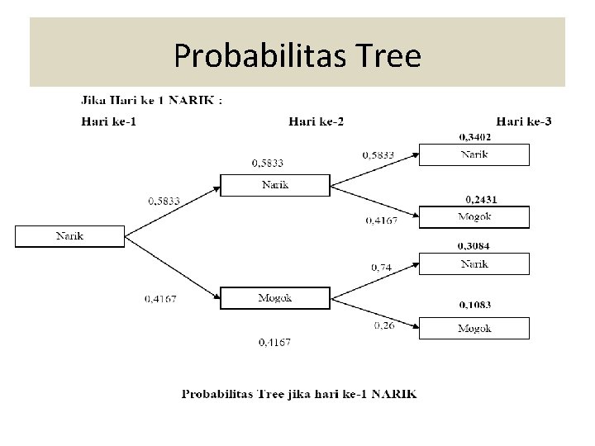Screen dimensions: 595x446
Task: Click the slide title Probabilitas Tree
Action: pyautogui.click(x=297, y=56)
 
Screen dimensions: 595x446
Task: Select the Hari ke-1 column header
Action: pyautogui.click(x=116, y=121)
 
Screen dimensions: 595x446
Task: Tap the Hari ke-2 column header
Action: pyautogui.click(x=316, y=121)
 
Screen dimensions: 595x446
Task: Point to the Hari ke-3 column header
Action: pyautogui.click(x=524, y=121)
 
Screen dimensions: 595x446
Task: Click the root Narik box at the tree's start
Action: pyautogui.click(x=69, y=236)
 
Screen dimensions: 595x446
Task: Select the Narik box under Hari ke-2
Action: pyautogui.click(x=275, y=185)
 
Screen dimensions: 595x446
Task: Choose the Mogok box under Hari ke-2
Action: pyautogui.click(x=275, y=297)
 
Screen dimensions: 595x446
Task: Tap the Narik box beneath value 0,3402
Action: pyautogui.click(x=474, y=154)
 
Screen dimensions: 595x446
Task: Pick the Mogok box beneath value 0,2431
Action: pyautogui.click(x=474, y=216)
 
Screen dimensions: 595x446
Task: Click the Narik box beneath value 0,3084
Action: pyautogui.click(x=474, y=264)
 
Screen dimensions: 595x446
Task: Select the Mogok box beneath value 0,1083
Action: pyautogui.click(x=474, y=328)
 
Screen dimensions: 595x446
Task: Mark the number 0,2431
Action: pyautogui.click(x=481, y=199)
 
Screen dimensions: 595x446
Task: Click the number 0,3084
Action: pyautogui.click(x=474, y=246)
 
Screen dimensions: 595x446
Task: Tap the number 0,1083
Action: pyautogui.click(x=474, y=305)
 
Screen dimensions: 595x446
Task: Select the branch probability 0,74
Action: pyautogui.click(x=381, y=267)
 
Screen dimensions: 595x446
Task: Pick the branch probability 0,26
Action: pyautogui.click(x=383, y=325)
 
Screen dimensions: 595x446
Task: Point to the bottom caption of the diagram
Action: pyautogui.click(x=299, y=394)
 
